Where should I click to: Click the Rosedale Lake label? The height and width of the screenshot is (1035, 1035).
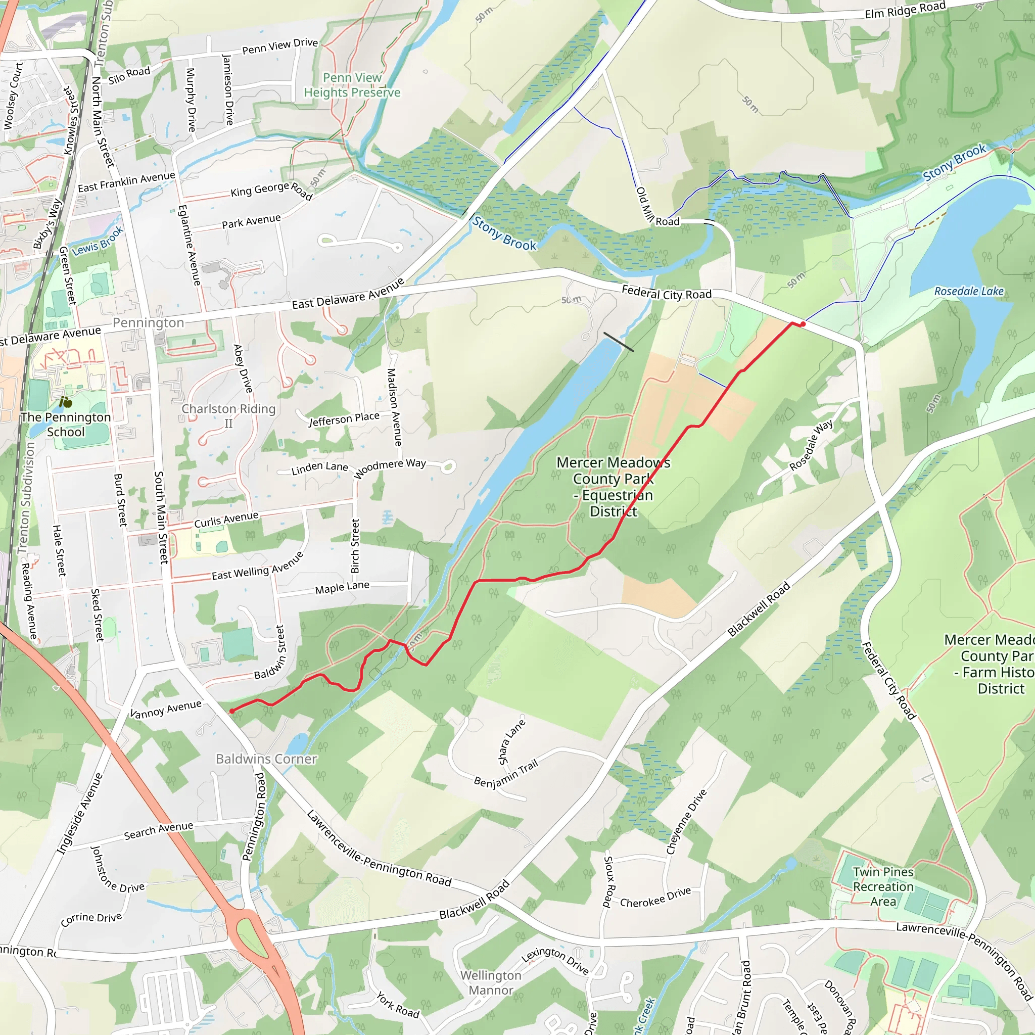coord(969,292)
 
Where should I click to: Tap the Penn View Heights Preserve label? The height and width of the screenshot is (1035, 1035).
coord(352,85)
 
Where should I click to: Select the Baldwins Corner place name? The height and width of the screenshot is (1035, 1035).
coord(266,759)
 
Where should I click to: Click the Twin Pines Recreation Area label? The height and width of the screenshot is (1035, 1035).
coord(883,886)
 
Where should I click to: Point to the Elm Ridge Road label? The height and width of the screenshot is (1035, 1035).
coord(905,10)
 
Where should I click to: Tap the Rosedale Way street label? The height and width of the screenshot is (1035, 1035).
coord(811,445)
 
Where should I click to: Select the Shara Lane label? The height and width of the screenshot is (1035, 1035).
coord(511,742)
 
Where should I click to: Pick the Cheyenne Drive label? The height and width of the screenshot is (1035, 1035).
coord(686,822)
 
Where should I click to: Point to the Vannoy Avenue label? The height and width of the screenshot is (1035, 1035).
coord(166,709)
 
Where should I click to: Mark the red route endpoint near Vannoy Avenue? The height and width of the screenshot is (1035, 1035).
coord(232,712)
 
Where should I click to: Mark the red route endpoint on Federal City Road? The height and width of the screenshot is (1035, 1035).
coord(803,324)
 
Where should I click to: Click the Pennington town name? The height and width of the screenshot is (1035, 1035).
coord(148,322)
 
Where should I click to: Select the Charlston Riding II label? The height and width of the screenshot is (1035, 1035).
coord(228,416)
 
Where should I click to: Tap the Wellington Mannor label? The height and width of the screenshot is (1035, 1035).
coord(491,982)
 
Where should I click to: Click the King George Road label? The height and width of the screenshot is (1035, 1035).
coord(271,189)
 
